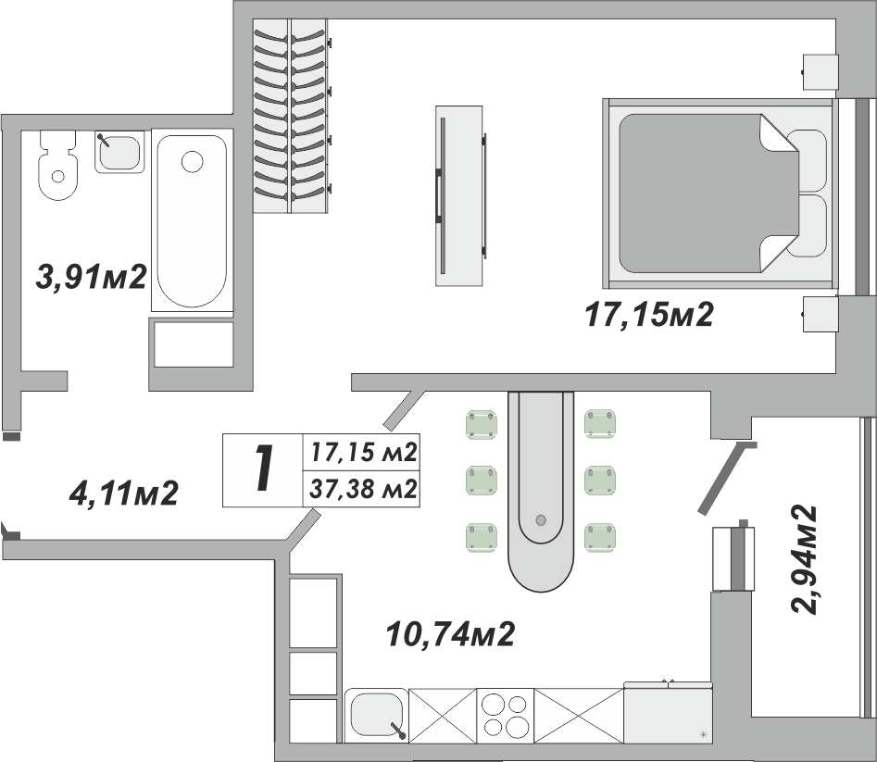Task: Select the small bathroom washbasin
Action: [x=119, y=152]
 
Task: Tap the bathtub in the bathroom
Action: [x=190, y=219]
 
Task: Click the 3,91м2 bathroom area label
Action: [x=91, y=275]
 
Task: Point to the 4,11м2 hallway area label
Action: [x=123, y=493]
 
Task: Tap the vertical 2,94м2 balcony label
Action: [x=803, y=558]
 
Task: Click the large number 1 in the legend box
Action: [x=264, y=469]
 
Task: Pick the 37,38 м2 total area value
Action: [x=362, y=488]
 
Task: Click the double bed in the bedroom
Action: [x=718, y=194]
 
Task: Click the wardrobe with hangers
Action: [x=291, y=117]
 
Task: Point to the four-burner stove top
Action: [x=505, y=714]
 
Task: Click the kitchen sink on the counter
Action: [x=376, y=714]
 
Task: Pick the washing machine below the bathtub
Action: [x=193, y=344]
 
